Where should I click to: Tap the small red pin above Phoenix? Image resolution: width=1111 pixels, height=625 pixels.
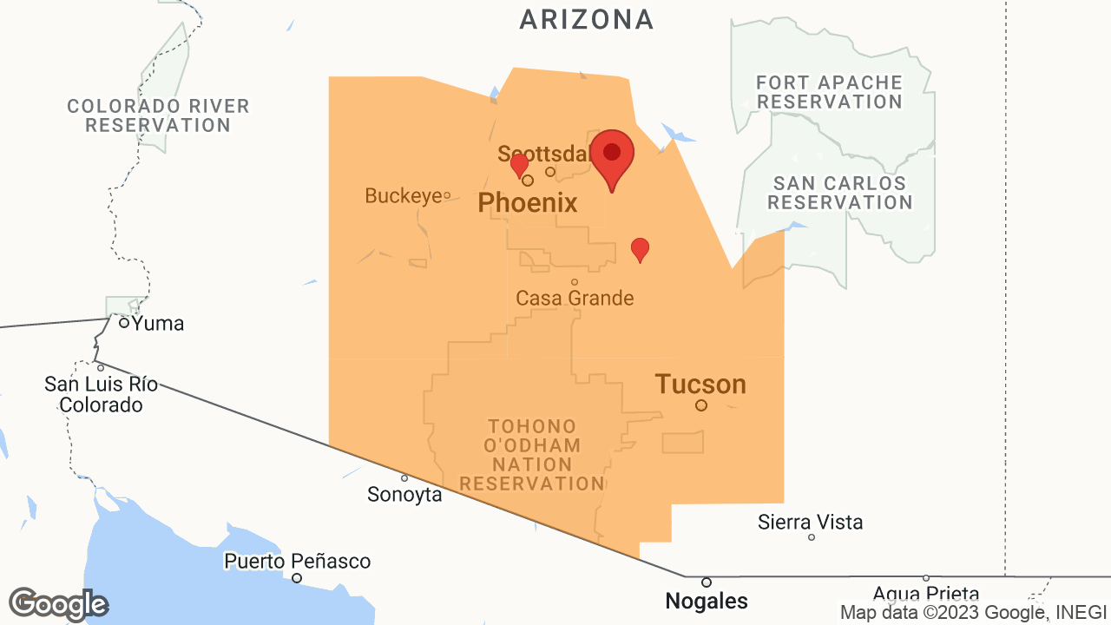[519, 164]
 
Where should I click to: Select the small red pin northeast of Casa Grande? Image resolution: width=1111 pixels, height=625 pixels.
[640, 249]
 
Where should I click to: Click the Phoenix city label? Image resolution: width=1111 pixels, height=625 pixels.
[528, 203]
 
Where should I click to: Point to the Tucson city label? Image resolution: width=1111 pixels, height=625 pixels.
[700, 384]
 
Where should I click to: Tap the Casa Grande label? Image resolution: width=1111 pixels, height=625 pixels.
[575, 298]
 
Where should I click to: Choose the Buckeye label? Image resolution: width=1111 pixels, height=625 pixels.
[404, 196]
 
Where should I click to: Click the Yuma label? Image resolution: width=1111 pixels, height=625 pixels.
[157, 324]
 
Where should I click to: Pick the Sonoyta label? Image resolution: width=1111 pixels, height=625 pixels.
[404, 495]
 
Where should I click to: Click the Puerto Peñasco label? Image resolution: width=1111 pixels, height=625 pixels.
[297, 562]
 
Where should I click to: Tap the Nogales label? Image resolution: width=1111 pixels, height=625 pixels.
[707, 600]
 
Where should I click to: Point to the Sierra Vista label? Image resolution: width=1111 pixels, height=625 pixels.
[811, 523]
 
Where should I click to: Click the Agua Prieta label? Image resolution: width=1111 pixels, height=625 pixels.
[925, 595]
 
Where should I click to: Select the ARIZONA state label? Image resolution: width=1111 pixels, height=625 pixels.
[587, 19]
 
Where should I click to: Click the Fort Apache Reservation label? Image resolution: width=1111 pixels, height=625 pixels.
[829, 92]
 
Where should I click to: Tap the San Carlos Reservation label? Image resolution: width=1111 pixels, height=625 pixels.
[839, 193]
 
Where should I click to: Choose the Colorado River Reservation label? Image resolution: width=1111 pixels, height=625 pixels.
[158, 115]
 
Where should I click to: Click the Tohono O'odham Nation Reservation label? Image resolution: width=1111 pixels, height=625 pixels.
[532, 455]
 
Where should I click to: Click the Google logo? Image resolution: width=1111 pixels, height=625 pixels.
[58, 604]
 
